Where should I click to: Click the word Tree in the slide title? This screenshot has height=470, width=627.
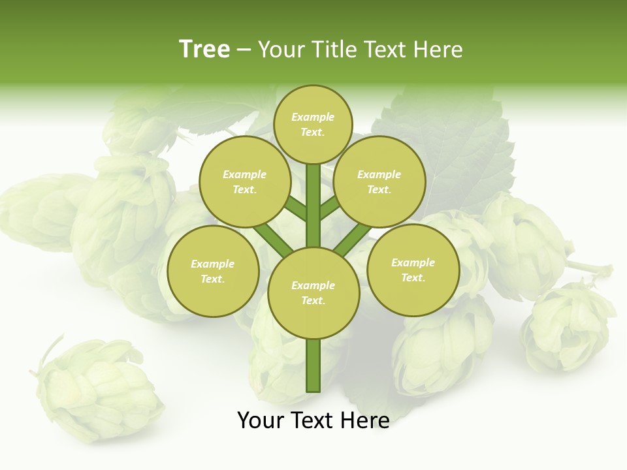pyautogui.click(x=204, y=49)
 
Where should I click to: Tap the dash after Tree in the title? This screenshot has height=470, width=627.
pyautogui.click(x=244, y=50)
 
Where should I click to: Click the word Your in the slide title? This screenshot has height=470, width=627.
pyautogui.click(x=281, y=50)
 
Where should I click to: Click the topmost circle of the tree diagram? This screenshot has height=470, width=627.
pyautogui.click(x=313, y=124)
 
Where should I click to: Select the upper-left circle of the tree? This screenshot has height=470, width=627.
pyautogui.click(x=245, y=181)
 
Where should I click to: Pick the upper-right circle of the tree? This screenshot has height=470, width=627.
pyautogui.click(x=379, y=181)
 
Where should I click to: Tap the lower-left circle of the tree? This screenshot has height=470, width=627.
pyautogui.click(x=213, y=271)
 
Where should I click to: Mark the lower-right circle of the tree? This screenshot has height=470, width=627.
pyautogui.click(x=413, y=270)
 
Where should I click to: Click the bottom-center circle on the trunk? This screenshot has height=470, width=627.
pyautogui.click(x=313, y=292)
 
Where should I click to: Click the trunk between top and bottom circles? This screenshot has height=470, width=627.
pyautogui.click(x=313, y=206)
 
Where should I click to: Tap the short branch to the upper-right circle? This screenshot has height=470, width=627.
pyautogui.click(x=330, y=208)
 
